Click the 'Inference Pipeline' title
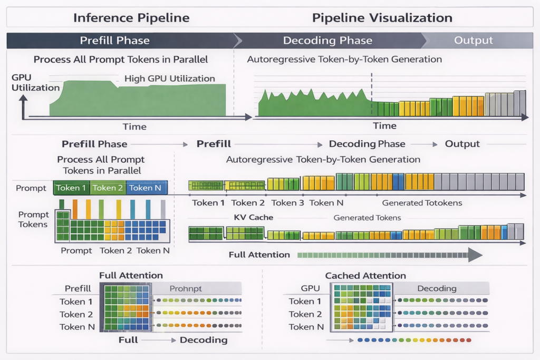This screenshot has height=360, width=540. pos(131,17)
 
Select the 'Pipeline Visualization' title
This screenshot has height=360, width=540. pos(382,17)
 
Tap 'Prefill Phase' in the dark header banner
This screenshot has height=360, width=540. pos(114,41)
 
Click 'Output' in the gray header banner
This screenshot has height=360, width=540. pos(473,41)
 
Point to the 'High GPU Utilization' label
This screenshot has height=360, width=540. pos(169,79)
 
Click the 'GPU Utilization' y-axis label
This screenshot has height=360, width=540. pos(35,82)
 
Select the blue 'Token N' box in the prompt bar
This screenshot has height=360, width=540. pos(148,188)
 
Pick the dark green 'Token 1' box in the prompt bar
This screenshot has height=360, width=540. pos(72,188)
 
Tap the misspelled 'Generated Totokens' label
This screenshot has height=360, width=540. pos(422,203)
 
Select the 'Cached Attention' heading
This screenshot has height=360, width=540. pos(365,276)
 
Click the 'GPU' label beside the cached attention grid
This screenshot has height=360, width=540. pos(311,288)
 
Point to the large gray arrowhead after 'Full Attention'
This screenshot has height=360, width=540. pos(475,255)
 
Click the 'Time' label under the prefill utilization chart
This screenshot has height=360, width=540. pos(134,127)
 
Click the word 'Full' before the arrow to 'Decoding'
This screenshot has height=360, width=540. pos(128,340)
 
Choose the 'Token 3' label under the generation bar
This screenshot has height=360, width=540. pos(287,203)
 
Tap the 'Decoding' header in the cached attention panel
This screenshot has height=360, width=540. pos(437,288)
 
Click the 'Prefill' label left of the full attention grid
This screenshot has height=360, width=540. pos(78,288)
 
